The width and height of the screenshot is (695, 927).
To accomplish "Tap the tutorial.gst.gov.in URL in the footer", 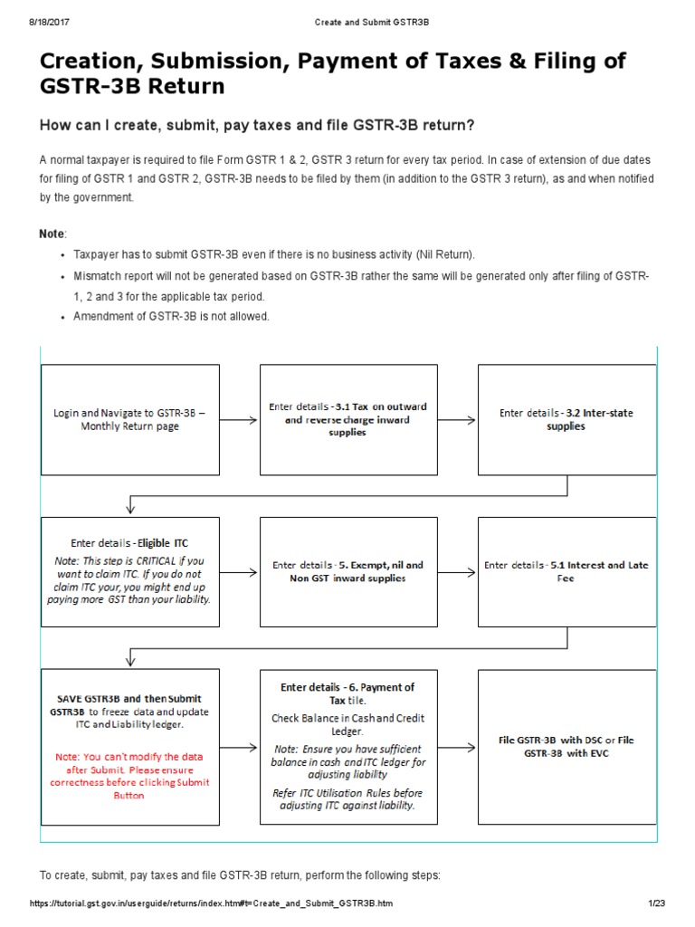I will (212, 904).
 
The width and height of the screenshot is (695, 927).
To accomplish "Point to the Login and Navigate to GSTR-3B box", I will (130, 419).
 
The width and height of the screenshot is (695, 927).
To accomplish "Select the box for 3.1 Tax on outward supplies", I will (348, 419).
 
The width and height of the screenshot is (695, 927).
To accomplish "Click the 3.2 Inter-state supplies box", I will (566, 419).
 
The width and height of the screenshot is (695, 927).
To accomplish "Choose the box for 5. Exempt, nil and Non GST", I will (348, 571).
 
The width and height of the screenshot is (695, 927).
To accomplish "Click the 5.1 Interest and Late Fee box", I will (566, 571).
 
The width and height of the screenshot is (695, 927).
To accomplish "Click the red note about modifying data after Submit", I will (129, 776).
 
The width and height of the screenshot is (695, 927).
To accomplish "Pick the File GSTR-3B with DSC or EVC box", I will (566, 746).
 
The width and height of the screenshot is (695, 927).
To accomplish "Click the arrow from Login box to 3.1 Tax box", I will (240, 420).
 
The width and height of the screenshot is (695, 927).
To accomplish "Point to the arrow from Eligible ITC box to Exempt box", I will (240, 572).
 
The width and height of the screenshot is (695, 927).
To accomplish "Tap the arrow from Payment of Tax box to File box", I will (458, 747).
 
